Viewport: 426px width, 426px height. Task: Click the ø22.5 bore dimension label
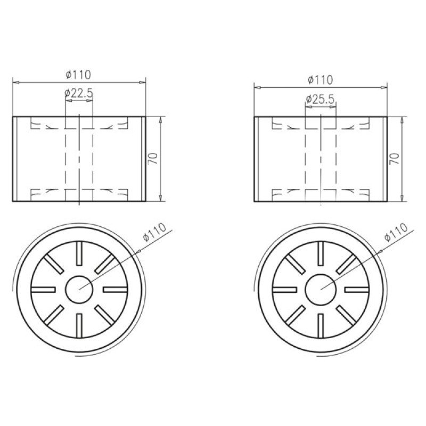pyautogui.click(x=79, y=93)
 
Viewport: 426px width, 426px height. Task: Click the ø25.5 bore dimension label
pyautogui.click(x=320, y=100)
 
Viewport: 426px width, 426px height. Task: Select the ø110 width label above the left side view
pyautogui.click(x=78, y=75)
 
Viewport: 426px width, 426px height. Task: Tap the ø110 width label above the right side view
pyautogui.click(x=321, y=80)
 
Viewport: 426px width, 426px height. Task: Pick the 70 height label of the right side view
pyautogui.click(x=395, y=158)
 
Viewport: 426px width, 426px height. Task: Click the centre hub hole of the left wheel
pyautogui.click(x=79, y=290)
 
